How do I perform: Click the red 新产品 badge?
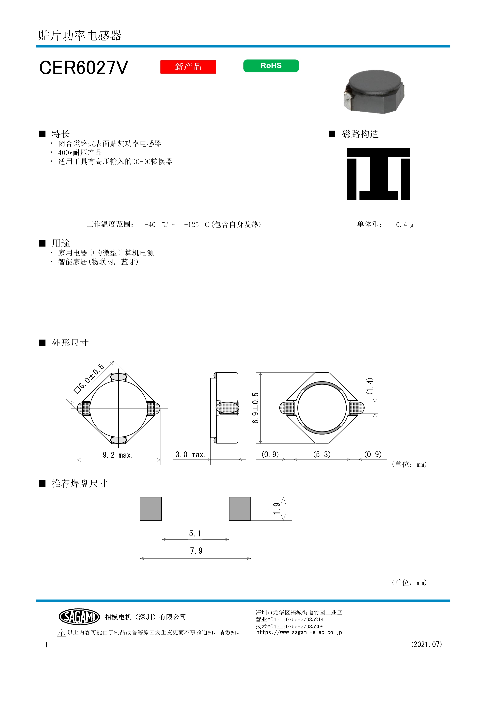coord(188,67)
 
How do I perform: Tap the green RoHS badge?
coord(271,66)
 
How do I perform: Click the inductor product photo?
coord(374,92)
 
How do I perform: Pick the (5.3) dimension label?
coord(322,454)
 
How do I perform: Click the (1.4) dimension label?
coord(370,386)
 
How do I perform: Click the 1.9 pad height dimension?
coord(277,509)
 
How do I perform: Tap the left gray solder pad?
coord(151,509)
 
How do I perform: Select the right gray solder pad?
coord(240,509)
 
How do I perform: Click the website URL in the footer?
coord(299,632)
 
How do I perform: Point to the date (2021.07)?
coord(426,644)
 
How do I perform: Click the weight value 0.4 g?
coord(405,225)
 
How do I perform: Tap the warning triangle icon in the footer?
coord(61,633)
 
